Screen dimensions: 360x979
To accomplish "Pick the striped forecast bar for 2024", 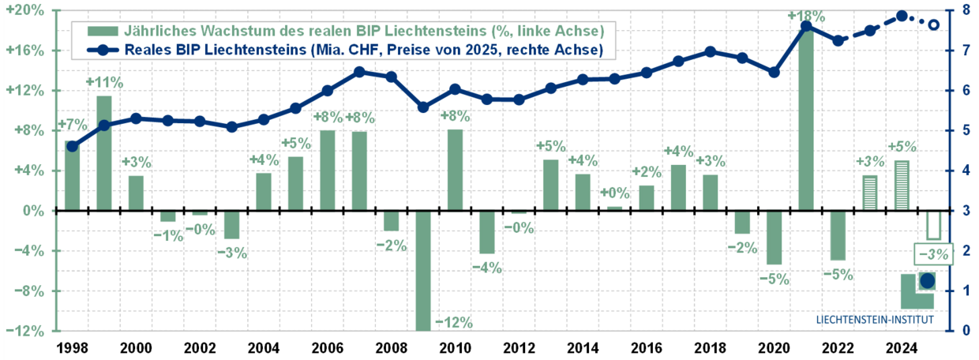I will [x=902, y=186].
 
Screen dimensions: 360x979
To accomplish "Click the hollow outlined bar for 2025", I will [x=933, y=225].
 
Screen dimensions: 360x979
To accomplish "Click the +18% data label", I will [x=806, y=17].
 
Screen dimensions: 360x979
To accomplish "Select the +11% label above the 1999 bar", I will [x=103, y=82].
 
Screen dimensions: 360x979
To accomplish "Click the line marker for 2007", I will [x=359, y=72].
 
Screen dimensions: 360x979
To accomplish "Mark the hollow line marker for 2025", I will [x=933, y=25].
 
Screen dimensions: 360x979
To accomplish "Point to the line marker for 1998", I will [x=72, y=146].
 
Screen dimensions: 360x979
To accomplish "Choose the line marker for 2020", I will [x=774, y=72].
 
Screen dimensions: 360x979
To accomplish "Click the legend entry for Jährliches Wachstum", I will [x=347, y=31].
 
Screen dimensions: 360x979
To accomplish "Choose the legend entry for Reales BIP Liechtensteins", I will [x=347, y=49].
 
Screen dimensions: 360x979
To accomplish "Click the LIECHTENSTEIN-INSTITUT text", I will [x=874, y=320].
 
